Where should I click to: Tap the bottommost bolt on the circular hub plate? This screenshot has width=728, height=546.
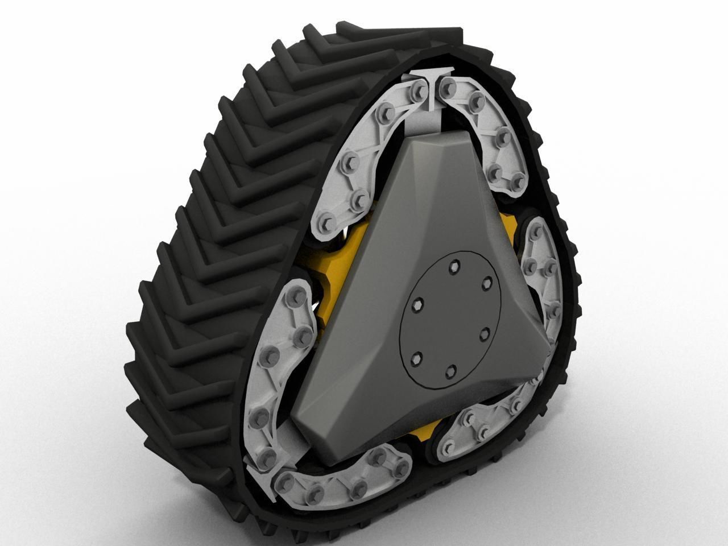pos(450,371)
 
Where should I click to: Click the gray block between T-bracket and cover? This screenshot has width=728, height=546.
pos(432,119)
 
